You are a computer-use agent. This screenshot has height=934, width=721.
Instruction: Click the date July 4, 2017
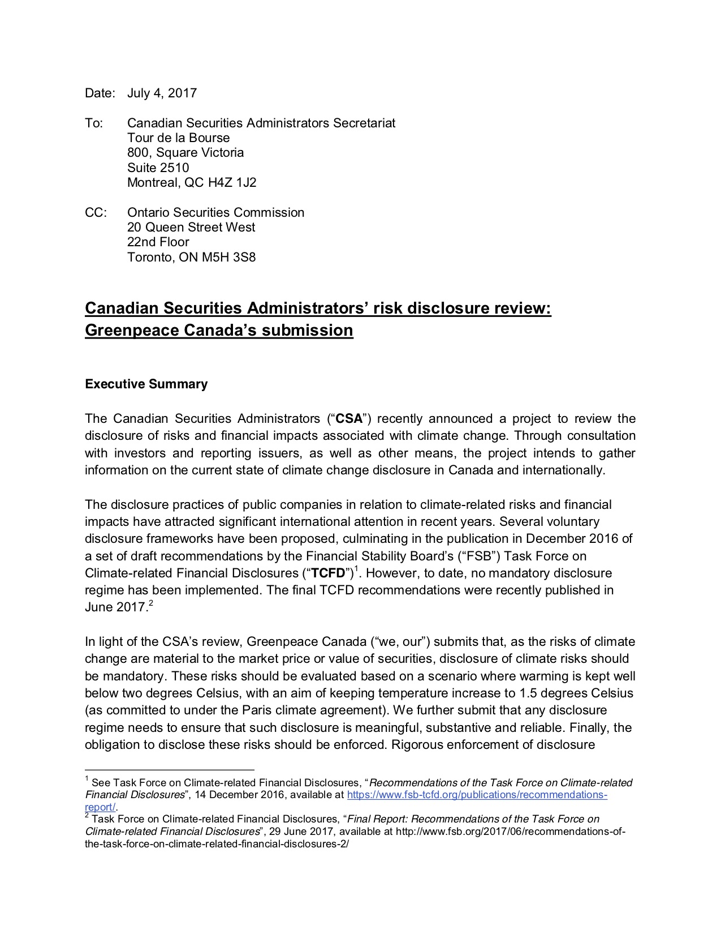[x=162, y=93]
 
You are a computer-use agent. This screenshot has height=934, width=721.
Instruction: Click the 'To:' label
[x=94, y=123]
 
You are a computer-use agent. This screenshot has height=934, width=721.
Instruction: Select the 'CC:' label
[x=96, y=212]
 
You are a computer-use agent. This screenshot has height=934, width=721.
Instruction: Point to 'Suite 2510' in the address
[x=158, y=168]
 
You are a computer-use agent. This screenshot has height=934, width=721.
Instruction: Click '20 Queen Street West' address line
[x=191, y=227]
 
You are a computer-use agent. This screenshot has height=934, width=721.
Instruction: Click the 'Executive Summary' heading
[x=146, y=384]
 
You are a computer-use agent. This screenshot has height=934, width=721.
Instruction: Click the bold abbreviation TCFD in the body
[x=329, y=573]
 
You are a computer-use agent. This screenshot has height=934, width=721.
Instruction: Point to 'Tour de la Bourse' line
[x=178, y=138]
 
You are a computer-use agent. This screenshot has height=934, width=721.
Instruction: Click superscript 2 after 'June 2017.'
[x=151, y=604]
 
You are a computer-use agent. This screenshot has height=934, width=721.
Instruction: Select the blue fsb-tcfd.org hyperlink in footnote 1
[x=477, y=795]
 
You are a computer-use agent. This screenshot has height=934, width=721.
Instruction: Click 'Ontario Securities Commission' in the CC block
[x=215, y=212]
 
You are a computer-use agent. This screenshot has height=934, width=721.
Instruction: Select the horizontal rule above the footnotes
[x=170, y=770]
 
